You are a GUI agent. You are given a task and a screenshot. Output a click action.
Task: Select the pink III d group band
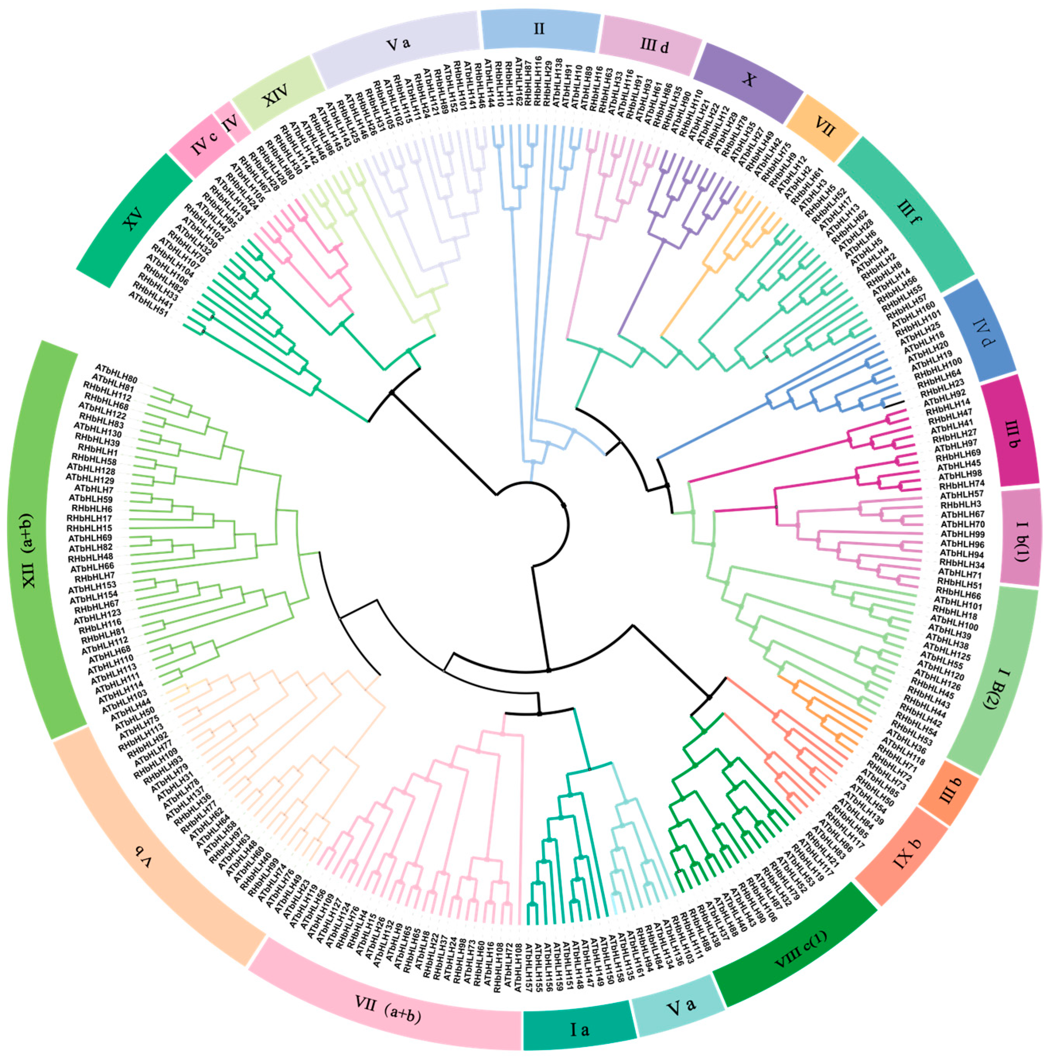(654, 45)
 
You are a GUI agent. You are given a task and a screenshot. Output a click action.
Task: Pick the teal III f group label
(909, 213)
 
